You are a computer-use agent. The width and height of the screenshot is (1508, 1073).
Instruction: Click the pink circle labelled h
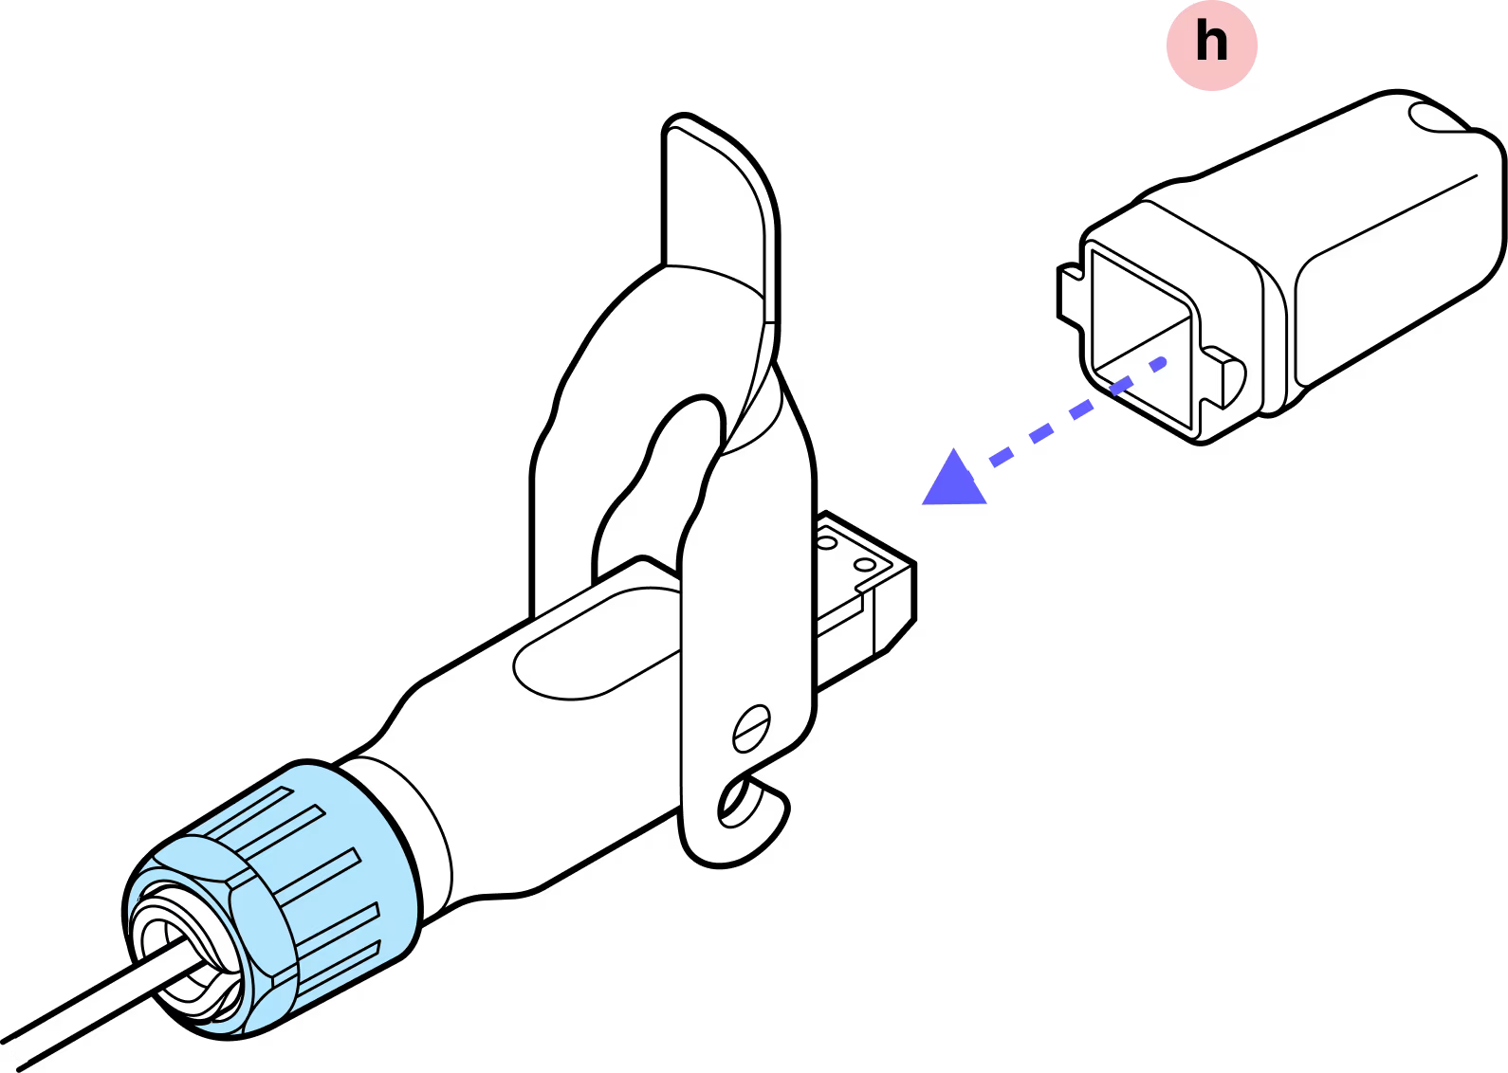pyautogui.click(x=1211, y=45)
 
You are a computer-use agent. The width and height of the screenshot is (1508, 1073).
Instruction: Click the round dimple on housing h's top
pyautogui.click(x=1437, y=118)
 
